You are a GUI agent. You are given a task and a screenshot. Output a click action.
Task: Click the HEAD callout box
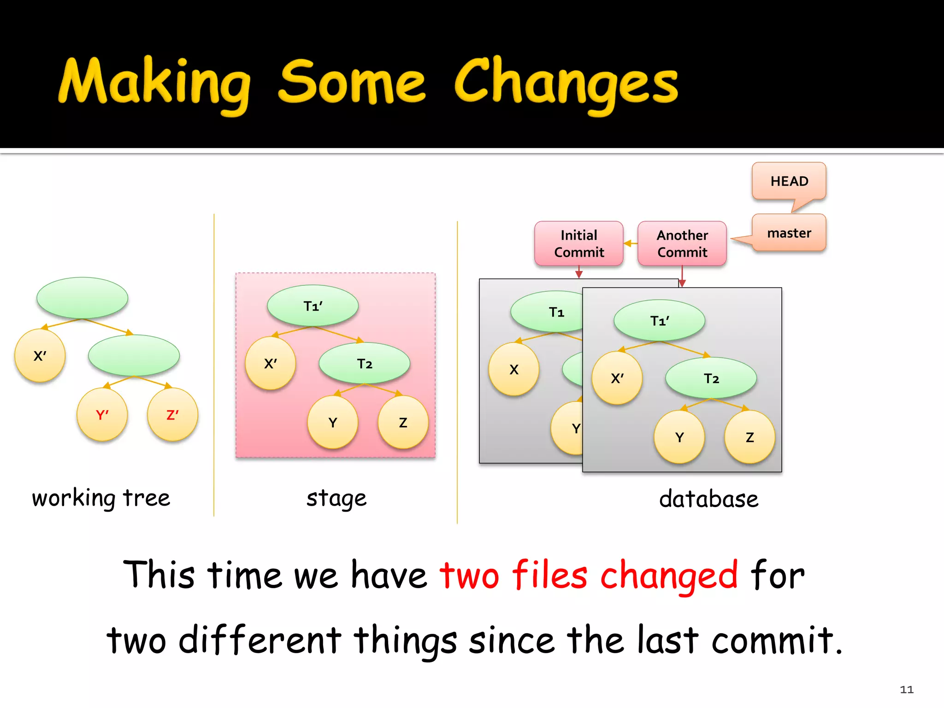pos(789,181)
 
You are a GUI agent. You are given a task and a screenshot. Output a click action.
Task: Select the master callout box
pos(789,233)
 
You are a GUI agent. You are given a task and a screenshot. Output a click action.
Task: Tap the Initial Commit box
pos(578,243)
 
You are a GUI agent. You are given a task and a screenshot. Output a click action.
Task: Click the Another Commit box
pos(682,243)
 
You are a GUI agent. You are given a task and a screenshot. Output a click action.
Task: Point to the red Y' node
pos(102,414)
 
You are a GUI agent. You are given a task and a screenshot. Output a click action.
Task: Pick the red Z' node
pos(172,414)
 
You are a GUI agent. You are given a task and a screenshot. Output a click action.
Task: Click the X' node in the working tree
pos(40,355)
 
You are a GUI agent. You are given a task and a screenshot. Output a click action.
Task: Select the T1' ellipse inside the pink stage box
pos(313,306)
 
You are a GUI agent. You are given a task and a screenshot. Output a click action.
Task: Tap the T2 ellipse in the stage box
pos(364,364)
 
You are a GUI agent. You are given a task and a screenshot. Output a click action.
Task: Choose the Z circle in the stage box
pos(403,422)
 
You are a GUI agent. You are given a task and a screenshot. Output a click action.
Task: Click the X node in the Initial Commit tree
pos(513,369)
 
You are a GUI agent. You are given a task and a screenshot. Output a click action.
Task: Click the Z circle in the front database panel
pos(749,437)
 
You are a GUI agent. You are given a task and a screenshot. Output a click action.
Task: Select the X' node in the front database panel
pos(617,378)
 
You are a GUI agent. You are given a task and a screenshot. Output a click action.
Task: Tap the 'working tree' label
pos(101,498)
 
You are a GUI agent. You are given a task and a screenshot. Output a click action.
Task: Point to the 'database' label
pos(708,499)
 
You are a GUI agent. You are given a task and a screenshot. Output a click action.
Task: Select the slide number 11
pos(906,690)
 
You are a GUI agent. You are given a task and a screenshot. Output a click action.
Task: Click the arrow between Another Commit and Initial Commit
pos(630,243)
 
